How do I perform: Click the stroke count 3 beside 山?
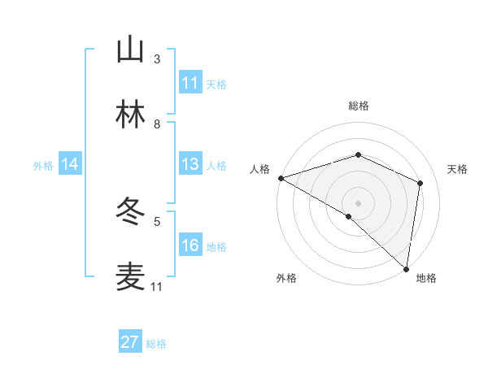157,59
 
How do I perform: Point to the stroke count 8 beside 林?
157,124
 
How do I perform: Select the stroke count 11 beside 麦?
157,287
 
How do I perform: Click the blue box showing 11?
190,82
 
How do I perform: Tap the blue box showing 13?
190,164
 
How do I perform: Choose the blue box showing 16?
190,245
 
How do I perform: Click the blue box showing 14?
70,164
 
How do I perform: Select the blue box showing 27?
130,342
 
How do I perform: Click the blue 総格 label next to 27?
156,344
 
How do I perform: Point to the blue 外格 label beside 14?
43,165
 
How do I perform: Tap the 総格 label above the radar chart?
359,106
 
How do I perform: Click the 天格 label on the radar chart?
458,169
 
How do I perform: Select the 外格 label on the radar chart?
286,278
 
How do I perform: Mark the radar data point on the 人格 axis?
281,178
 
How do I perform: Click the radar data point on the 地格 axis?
406,267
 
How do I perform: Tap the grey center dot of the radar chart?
359,202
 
